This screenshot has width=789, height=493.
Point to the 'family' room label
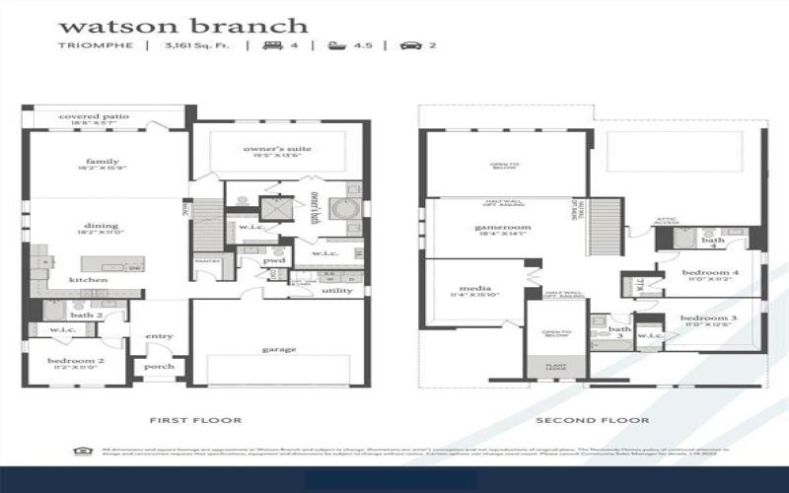coord(102,162)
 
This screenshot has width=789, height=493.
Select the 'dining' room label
coord(102,226)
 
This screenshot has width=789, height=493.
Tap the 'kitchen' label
coord(88,280)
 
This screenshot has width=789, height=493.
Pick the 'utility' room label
coord(336,290)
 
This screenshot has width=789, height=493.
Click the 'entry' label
coord(158,337)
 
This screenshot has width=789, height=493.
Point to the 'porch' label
coord(159,367)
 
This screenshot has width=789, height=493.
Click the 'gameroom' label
coord(489,227)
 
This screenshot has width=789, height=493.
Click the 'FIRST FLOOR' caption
coord(181,420)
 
